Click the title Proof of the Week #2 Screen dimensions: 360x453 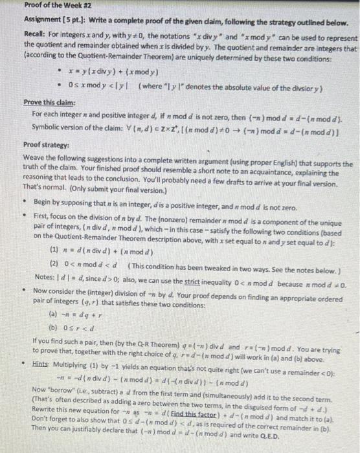(39, 6)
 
